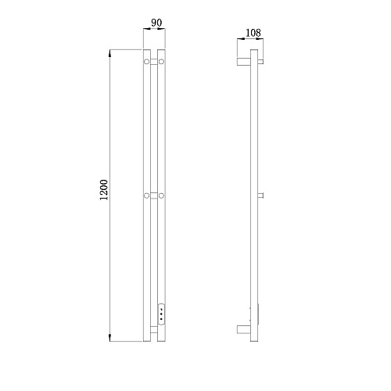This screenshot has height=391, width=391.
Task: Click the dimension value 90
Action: click(156, 23)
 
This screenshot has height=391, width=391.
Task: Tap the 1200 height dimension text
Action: click(104, 190)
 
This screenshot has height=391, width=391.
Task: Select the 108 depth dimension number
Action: click(253, 33)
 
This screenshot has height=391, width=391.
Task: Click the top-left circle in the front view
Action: click(147, 62)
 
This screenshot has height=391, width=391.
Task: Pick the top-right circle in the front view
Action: click(161, 62)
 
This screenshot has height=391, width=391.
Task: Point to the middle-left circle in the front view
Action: click(147, 195)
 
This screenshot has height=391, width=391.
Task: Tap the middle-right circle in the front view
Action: click(161, 195)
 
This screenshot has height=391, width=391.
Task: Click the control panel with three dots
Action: click(162, 314)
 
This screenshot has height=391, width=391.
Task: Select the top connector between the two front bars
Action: click(154, 62)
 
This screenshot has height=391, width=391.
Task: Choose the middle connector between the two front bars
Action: click(154, 195)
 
